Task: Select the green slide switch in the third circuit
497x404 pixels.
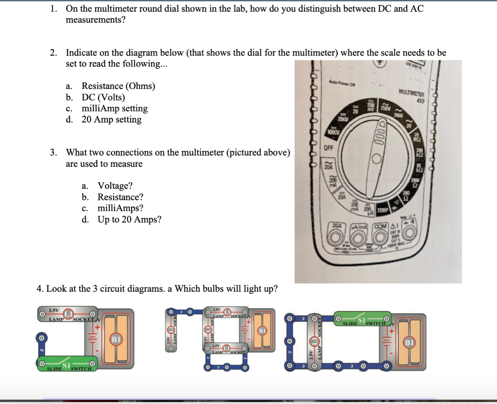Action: [x=364, y=320]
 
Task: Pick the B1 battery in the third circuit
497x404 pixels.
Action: [x=410, y=342]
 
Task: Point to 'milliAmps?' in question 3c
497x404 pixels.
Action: [x=120, y=208]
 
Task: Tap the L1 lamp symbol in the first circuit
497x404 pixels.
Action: [x=69, y=311]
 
